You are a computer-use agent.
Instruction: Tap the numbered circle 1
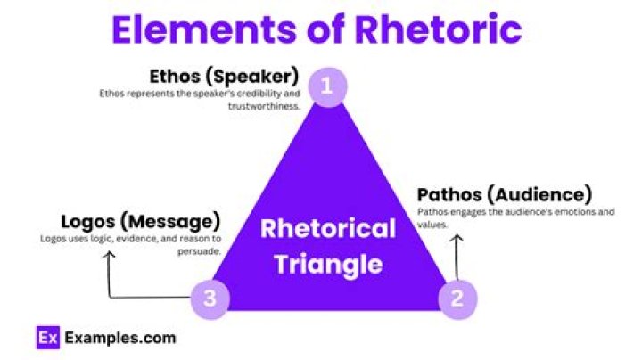tap(327, 87)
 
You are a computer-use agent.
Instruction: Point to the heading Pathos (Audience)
tap(505, 193)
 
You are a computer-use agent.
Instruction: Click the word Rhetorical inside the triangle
tap(327, 229)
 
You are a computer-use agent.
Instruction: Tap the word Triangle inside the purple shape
tap(327, 264)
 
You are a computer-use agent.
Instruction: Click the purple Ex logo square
tap(46, 339)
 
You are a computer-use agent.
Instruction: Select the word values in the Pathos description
tap(432, 225)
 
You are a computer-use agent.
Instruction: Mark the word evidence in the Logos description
tap(125, 238)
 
